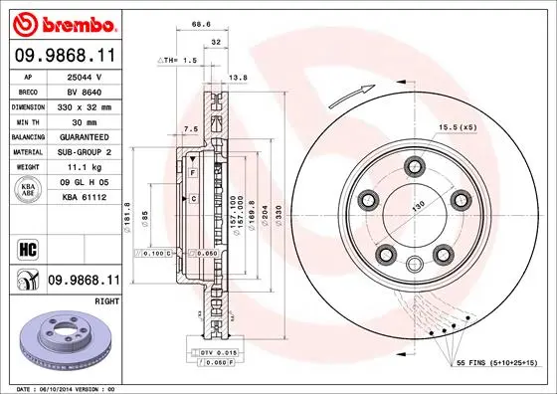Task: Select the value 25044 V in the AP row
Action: click(84, 76)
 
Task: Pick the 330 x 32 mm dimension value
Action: click(84, 105)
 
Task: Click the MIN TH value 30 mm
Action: click(84, 120)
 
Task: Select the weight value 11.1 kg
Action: click(84, 167)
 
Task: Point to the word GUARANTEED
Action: click(84, 136)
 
